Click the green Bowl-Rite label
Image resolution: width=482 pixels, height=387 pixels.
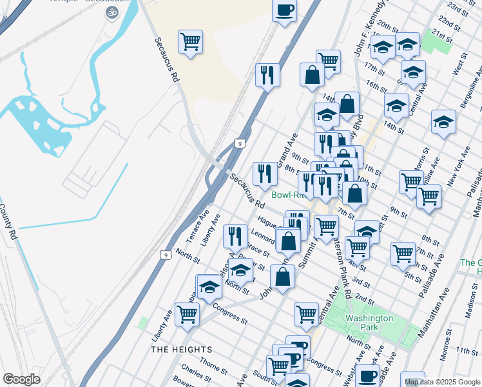(287, 195)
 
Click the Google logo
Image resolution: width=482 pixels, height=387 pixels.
(21, 379)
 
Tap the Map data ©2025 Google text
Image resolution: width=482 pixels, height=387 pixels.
(441, 382)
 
